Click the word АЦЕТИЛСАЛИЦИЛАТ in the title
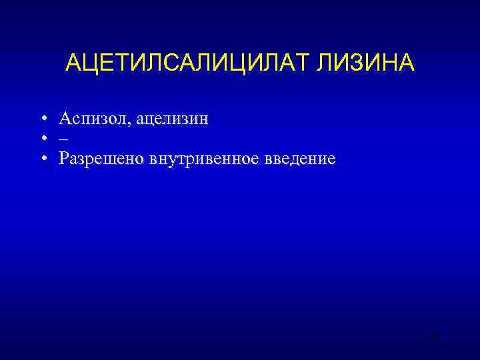point(189,63)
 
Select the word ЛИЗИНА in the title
point(365,63)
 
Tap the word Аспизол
point(95,119)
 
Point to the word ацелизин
point(174,119)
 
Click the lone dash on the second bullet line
point(63,139)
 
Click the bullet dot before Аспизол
point(42,119)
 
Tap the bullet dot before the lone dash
point(42,139)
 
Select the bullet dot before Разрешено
point(42,159)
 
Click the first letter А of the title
point(73,63)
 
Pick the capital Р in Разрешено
point(63,159)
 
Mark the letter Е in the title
point(105,63)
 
